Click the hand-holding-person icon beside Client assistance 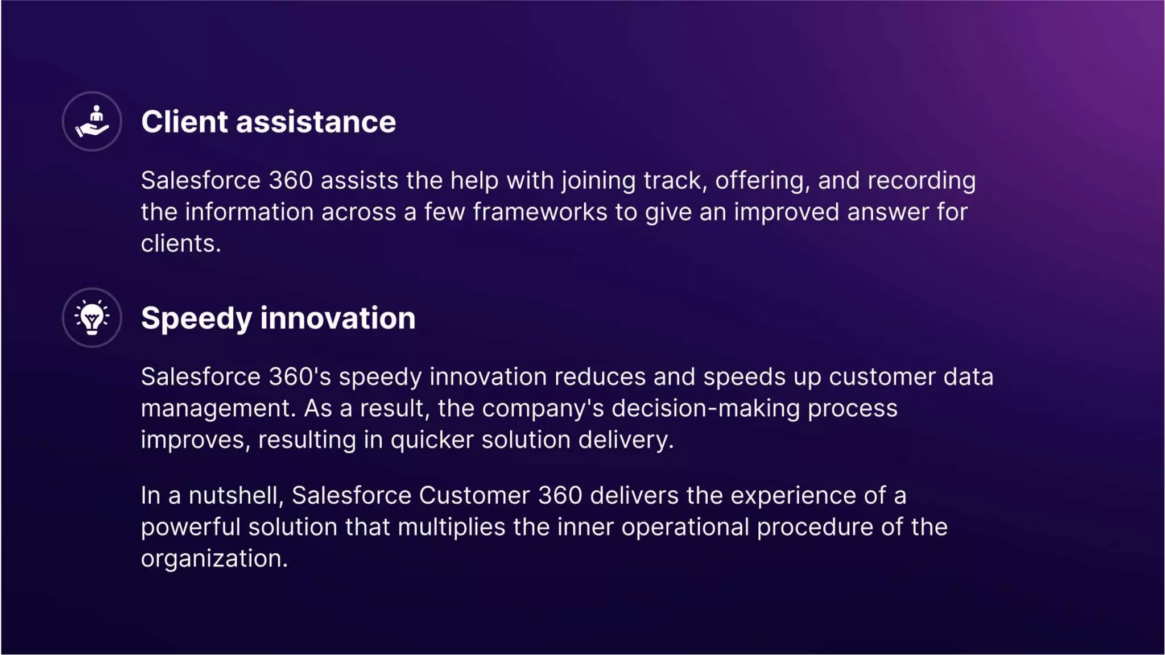pos(92,122)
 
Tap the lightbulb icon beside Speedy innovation pos(92,318)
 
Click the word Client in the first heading pos(184,122)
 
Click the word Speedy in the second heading pos(196,319)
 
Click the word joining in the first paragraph pos(598,181)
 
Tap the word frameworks pos(540,213)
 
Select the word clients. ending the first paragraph pos(180,244)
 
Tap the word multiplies pos(451,528)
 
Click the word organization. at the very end pos(214,559)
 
